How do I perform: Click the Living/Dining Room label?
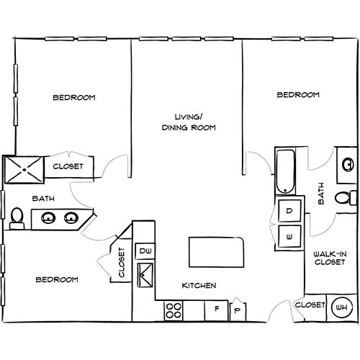pyautogui.click(x=189, y=122)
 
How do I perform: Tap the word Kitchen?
pyautogui.click(x=199, y=286)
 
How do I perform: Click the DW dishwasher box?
pyautogui.click(x=145, y=251)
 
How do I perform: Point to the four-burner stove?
pyautogui.click(x=174, y=310)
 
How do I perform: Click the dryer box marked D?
pyautogui.click(x=289, y=211)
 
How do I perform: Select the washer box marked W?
pyautogui.click(x=289, y=235)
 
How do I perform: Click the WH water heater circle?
pyautogui.click(x=341, y=307)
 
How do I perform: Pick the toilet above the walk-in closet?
pyautogui.click(x=345, y=197)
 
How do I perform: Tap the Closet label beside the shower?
pyautogui.click(x=68, y=166)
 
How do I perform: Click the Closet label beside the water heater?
pyautogui.click(x=310, y=305)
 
